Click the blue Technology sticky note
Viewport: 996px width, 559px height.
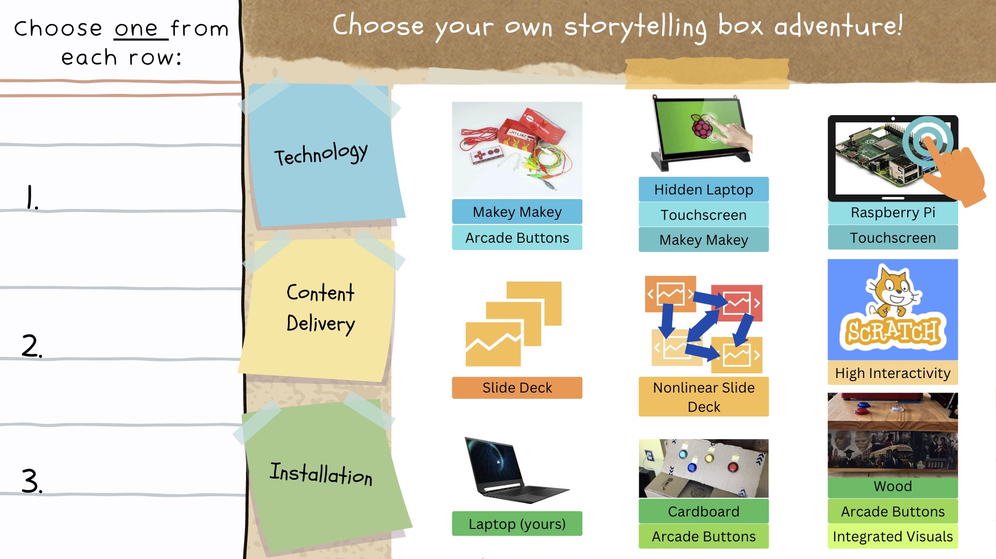[x=324, y=155]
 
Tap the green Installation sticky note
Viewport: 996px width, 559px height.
[x=324, y=474]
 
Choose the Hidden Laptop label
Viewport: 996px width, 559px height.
[x=703, y=190]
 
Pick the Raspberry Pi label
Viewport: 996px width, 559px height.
[x=893, y=213]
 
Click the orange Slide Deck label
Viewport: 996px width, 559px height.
[x=517, y=388]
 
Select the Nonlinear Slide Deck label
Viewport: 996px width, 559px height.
[x=703, y=397]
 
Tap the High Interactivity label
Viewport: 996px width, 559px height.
[x=893, y=373]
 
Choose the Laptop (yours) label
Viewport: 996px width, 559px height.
[x=517, y=524]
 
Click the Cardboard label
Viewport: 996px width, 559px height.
[x=703, y=511]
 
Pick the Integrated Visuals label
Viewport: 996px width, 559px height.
[x=893, y=536]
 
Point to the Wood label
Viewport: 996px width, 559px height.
[x=893, y=486]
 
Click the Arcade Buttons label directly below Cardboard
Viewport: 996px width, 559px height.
[x=703, y=536]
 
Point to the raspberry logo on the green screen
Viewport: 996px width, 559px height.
[x=702, y=126]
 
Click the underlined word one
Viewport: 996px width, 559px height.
[x=136, y=29]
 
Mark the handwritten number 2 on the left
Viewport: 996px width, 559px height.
[x=31, y=346]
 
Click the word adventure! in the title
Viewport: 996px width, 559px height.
[x=838, y=26]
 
